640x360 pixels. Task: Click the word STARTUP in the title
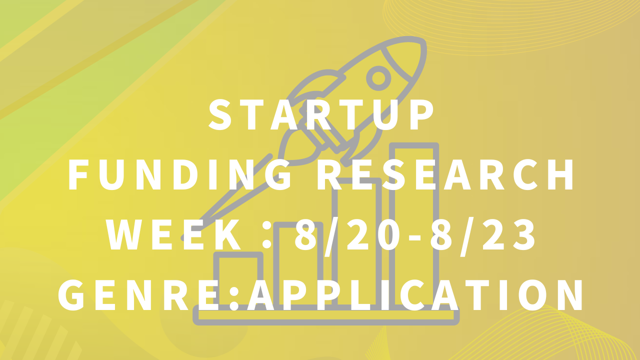(321, 115)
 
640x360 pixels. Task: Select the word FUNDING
(180, 174)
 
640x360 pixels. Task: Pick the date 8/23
(483, 235)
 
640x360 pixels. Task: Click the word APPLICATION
(415, 295)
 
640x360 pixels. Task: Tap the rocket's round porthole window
(378, 78)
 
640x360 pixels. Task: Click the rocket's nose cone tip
(423, 43)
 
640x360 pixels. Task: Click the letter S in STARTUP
(220, 115)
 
